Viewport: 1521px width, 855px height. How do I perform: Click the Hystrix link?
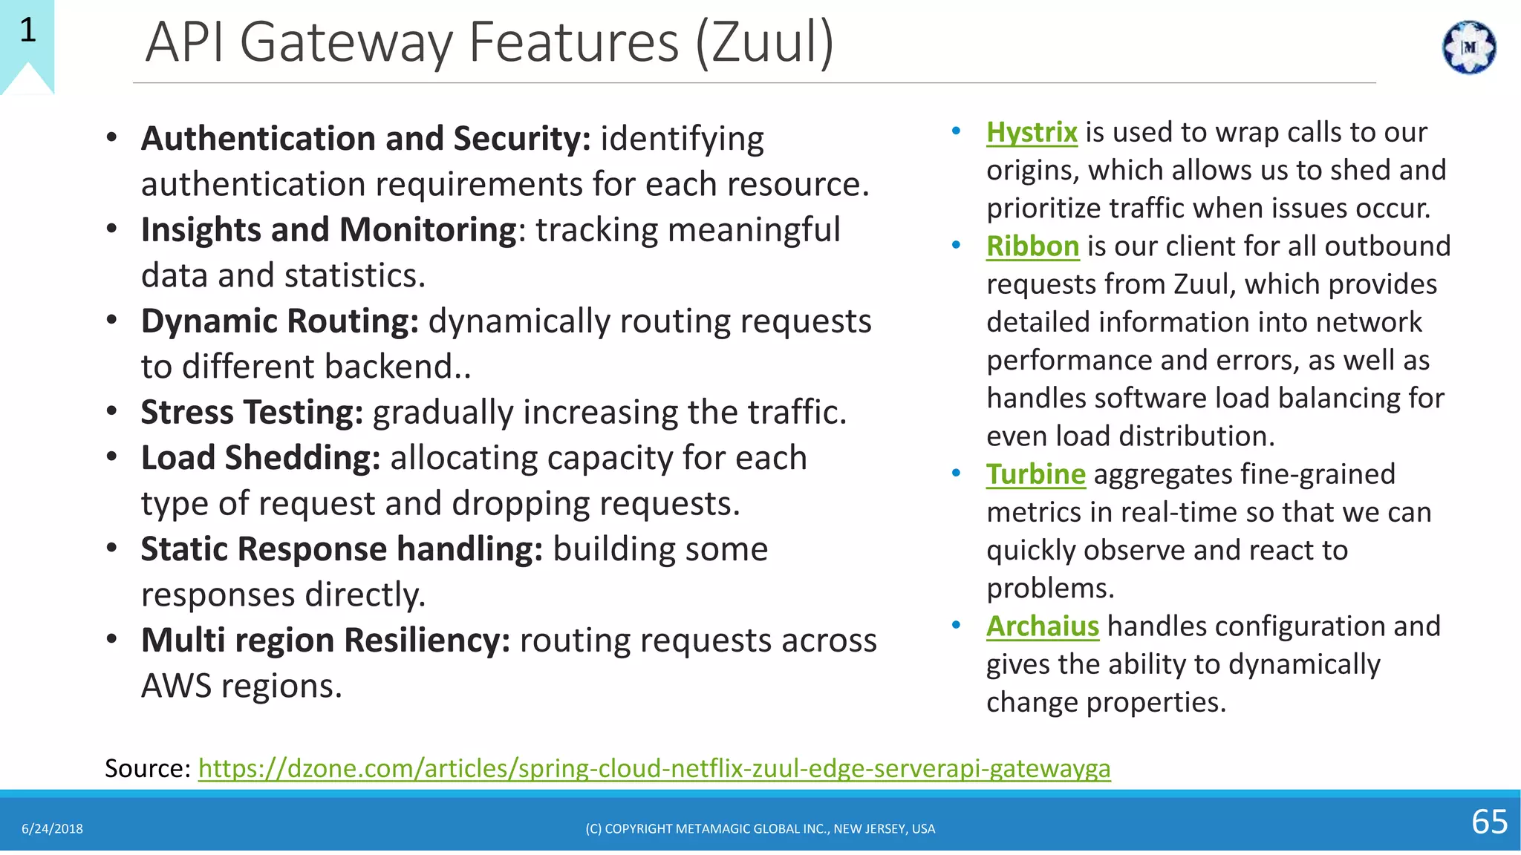click(x=1032, y=133)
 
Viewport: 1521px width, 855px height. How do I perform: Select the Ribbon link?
click(x=1032, y=246)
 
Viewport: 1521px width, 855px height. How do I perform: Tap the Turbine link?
click(x=1035, y=474)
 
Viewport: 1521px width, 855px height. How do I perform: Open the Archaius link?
click(x=1042, y=626)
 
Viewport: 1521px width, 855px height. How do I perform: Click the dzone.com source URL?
click(x=654, y=768)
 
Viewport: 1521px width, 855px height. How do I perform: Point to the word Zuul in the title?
click(x=764, y=42)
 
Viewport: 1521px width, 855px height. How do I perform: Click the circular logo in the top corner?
click(x=1468, y=47)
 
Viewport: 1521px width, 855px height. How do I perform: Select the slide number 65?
click(x=1489, y=822)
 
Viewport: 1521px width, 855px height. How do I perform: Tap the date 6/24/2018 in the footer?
click(x=52, y=829)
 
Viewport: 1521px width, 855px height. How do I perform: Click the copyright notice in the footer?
click(x=760, y=829)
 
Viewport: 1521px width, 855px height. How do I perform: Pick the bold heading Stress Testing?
click(x=252, y=413)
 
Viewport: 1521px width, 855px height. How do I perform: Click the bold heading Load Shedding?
click(x=261, y=458)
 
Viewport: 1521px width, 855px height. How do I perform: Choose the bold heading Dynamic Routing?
click(x=280, y=321)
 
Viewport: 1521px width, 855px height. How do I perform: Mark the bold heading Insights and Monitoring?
click(x=328, y=230)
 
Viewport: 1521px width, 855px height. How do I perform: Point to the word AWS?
click(x=177, y=686)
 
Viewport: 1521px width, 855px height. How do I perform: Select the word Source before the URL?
click(x=147, y=768)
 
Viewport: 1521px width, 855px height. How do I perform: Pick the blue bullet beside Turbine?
click(x=956, y=473)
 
